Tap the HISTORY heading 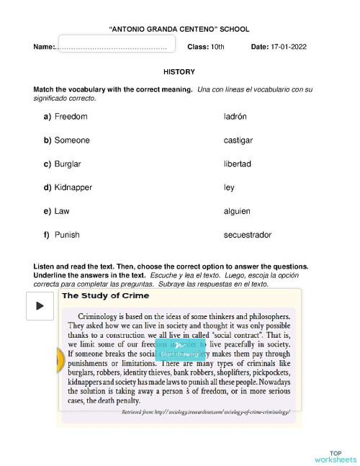tap(179, 72)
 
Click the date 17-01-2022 tap(289, 47)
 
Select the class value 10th tap(217, 47)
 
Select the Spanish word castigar tap(238, 140)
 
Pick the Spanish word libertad tap(238, 163)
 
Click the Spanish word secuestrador tap(248, 235)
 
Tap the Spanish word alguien tap(237, 211)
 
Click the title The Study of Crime tap(106, 295)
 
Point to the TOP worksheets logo tap(335, 455)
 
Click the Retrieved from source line tap(205, 411)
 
